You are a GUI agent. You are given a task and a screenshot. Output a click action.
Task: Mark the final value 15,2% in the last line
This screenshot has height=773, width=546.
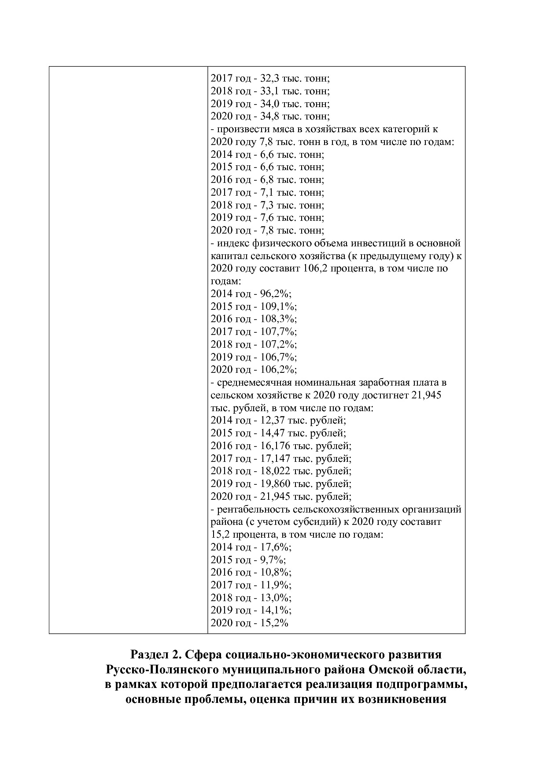(274, 623)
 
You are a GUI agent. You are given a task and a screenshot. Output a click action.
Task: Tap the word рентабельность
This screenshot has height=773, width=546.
(252, 509)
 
